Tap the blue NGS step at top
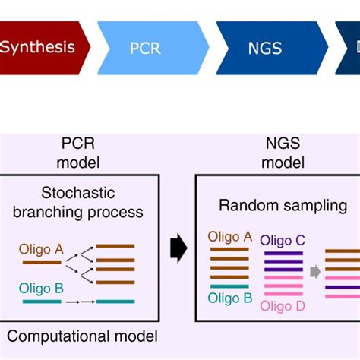266,48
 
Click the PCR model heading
80,153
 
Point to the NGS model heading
283,153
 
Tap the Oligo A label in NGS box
229,236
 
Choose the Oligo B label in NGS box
229,298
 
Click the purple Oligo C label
283,241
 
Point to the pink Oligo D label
283,306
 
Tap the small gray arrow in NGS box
314,270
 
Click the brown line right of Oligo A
43,263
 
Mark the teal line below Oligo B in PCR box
42,302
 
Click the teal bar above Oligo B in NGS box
229,286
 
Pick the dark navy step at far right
350,48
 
